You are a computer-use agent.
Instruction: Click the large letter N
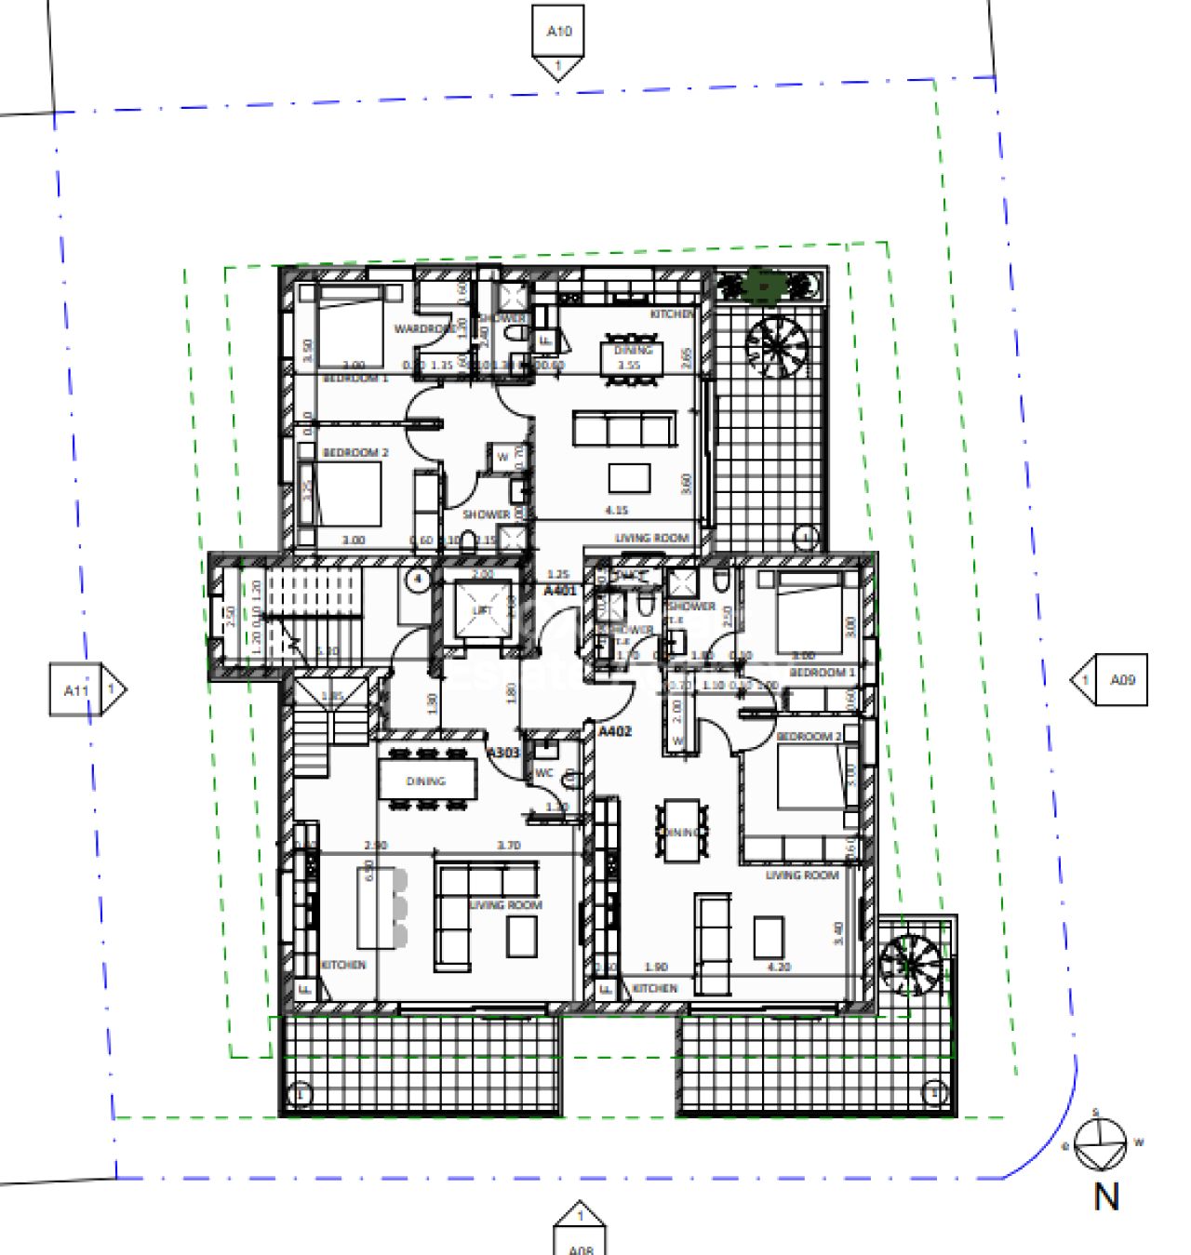[1106, 1196]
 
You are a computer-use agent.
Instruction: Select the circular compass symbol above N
[1099, 1143]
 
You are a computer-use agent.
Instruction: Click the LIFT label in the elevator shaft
[482, 610]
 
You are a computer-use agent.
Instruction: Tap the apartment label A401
[560, 591]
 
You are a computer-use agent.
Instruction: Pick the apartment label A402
[614, 731]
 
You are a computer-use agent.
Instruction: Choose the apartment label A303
[503, 752]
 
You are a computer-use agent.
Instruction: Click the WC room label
[544, 773]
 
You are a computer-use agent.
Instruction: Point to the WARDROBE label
[423, 329]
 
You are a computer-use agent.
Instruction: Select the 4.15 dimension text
[616, 511]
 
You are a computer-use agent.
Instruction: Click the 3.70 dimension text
[508, 846]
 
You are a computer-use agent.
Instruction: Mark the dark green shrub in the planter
[763, 285]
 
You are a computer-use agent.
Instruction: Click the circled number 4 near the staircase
[418, 579]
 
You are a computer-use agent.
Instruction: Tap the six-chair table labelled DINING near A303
[426, 780]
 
